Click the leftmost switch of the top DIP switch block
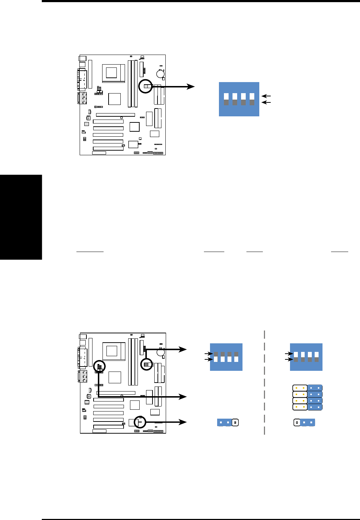226,99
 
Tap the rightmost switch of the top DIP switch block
252,99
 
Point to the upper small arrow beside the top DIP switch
266,96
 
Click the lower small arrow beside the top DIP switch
266,102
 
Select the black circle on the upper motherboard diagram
145,86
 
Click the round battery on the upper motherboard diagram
160,74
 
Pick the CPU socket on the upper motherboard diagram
111,72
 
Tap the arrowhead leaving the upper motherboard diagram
190,86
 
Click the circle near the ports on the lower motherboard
99,366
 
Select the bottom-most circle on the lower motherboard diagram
140,422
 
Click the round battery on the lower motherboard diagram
160,352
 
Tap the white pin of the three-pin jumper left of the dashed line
235,423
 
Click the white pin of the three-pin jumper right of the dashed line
296,423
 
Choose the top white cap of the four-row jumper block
300,388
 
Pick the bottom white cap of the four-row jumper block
300,407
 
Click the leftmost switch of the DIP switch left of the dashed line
216,357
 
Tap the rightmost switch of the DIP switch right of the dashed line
316,357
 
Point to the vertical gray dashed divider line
264,382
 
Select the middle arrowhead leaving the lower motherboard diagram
182,397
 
